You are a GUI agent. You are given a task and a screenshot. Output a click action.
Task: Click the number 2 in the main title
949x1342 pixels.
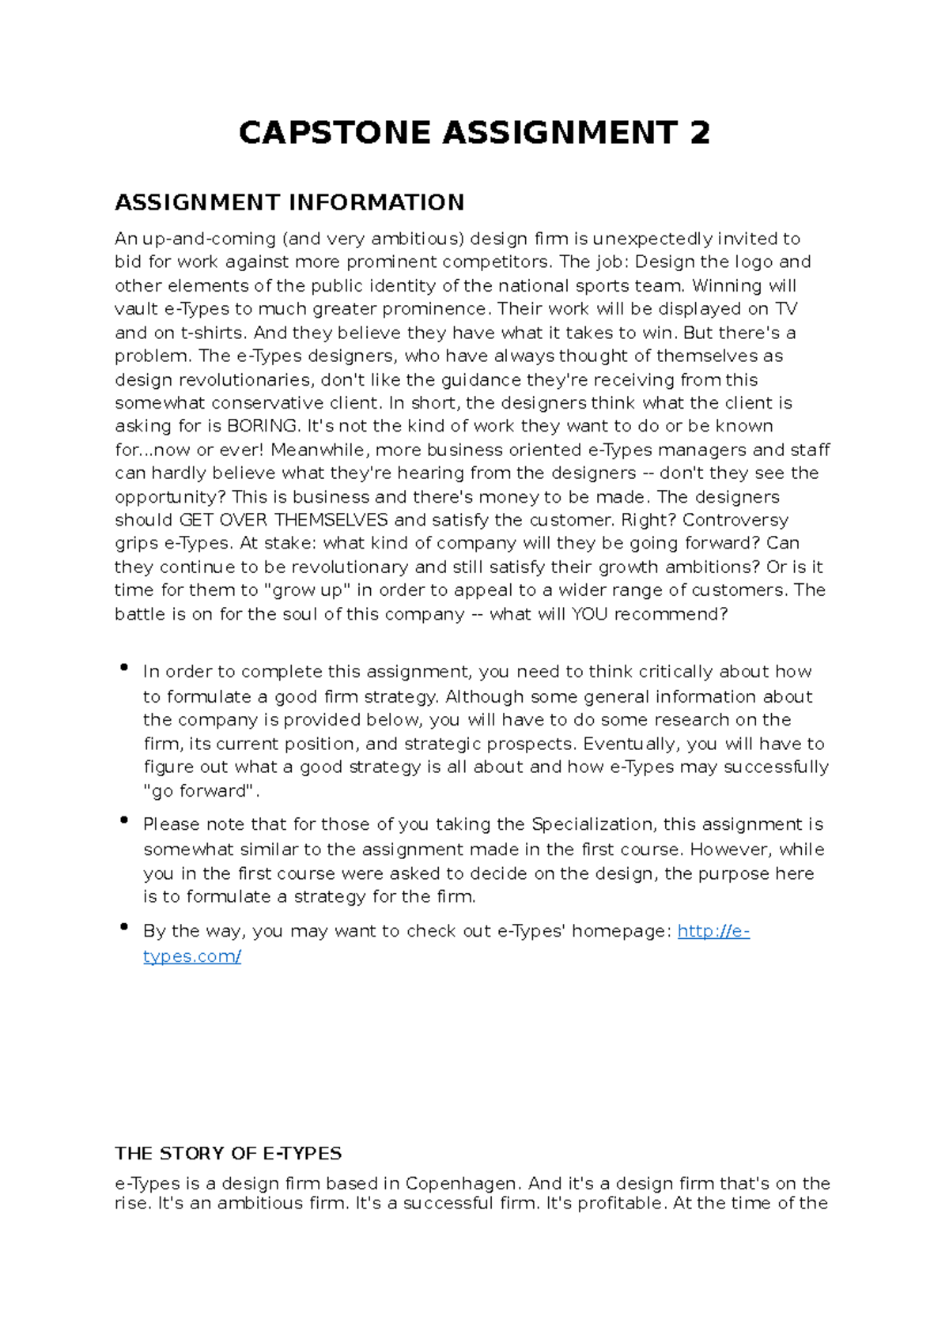coord(700,133)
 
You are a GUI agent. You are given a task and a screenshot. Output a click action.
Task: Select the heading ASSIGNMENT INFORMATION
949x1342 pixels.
coord(289,203)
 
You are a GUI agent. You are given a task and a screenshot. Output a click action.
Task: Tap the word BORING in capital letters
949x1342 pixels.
coord(263,426)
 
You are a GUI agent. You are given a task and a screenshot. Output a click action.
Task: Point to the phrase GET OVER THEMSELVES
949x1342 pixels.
coord(284,520)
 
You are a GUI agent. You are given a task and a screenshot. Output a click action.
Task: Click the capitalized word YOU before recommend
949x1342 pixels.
coord(589,614)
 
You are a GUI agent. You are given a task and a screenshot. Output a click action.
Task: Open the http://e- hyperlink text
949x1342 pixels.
coord(713,931)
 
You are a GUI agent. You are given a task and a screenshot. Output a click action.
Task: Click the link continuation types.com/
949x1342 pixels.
coord(192,956)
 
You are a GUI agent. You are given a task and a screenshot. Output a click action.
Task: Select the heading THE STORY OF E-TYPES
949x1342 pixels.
coord(228,1153)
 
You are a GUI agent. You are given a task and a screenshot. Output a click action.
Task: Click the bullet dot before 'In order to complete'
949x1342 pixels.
coord(124,668)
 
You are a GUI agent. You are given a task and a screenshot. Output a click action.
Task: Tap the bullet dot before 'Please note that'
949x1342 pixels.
coord(124,820)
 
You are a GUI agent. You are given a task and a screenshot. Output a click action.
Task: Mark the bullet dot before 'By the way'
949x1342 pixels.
coord(124,927)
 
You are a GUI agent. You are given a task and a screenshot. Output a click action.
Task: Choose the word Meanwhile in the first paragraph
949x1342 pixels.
coord(319,450)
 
